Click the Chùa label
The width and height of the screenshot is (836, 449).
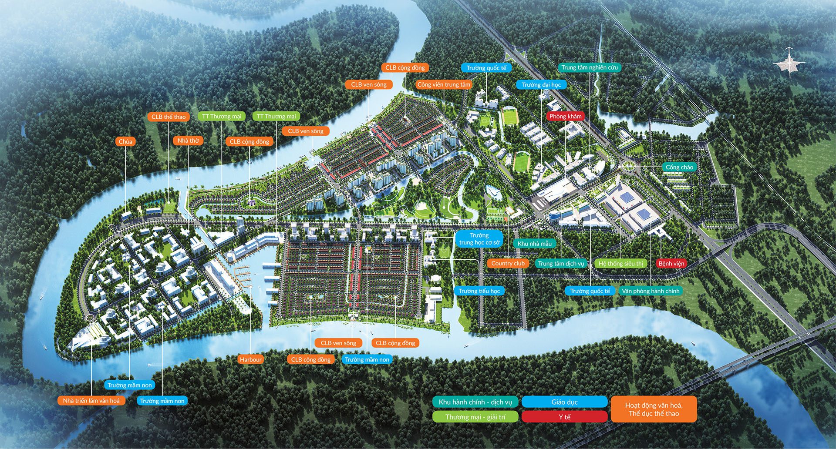pos(125,141)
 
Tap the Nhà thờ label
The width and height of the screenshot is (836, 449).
pos(188,141)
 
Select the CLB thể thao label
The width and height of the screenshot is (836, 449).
pos(169,117)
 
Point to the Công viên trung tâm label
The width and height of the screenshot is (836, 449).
pos(444,84)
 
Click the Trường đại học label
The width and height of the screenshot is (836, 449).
pos(541,84)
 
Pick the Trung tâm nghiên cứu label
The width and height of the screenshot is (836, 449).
pos(590,67)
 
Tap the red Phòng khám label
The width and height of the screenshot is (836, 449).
pos(565,116)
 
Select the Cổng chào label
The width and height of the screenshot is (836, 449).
pos(679,167)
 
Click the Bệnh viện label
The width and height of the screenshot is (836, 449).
pos(671,263)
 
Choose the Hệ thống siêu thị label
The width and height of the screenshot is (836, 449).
pos(620,263)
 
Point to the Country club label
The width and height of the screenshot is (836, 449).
pos(508,263)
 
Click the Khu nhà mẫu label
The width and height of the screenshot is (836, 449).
pos(534,244)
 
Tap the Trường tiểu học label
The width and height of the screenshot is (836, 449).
pos(479,291)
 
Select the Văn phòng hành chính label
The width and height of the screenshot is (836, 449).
pos(651,291)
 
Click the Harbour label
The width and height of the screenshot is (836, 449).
pos(250,359)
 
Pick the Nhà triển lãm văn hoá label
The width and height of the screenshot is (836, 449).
pos(91,400)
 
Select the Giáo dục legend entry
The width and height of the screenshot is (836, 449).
pos(564,402)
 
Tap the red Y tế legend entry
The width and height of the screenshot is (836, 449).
pos(564,417)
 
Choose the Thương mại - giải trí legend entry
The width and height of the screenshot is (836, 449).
pos(475,417)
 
